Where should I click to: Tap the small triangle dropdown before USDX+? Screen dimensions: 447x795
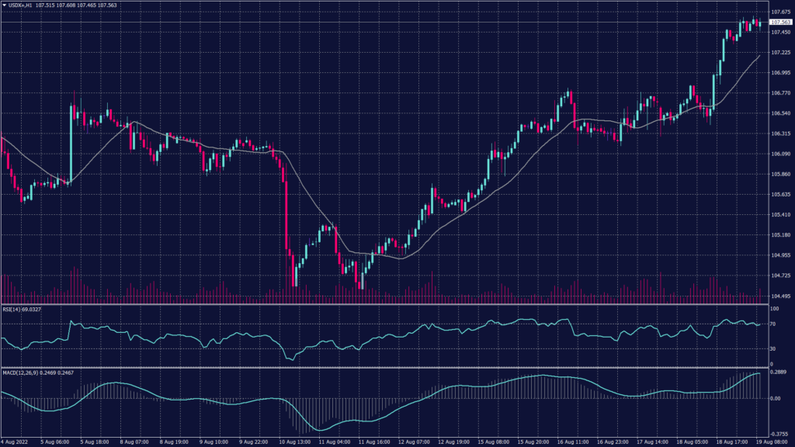pos(3,5)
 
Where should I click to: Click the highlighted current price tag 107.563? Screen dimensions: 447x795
pos(780,23)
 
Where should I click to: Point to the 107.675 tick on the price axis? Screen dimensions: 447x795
pos(780,12)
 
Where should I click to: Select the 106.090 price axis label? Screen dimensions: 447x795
pos(780,154)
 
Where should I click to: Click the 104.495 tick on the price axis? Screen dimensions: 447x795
pos(780,296)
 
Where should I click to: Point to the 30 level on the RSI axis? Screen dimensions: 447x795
pos(774,349)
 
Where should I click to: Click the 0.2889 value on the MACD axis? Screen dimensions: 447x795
pos(779,373)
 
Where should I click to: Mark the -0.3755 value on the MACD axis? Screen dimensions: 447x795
pos(780,435)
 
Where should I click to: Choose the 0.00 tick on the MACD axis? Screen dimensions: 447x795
pos(776,398)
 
